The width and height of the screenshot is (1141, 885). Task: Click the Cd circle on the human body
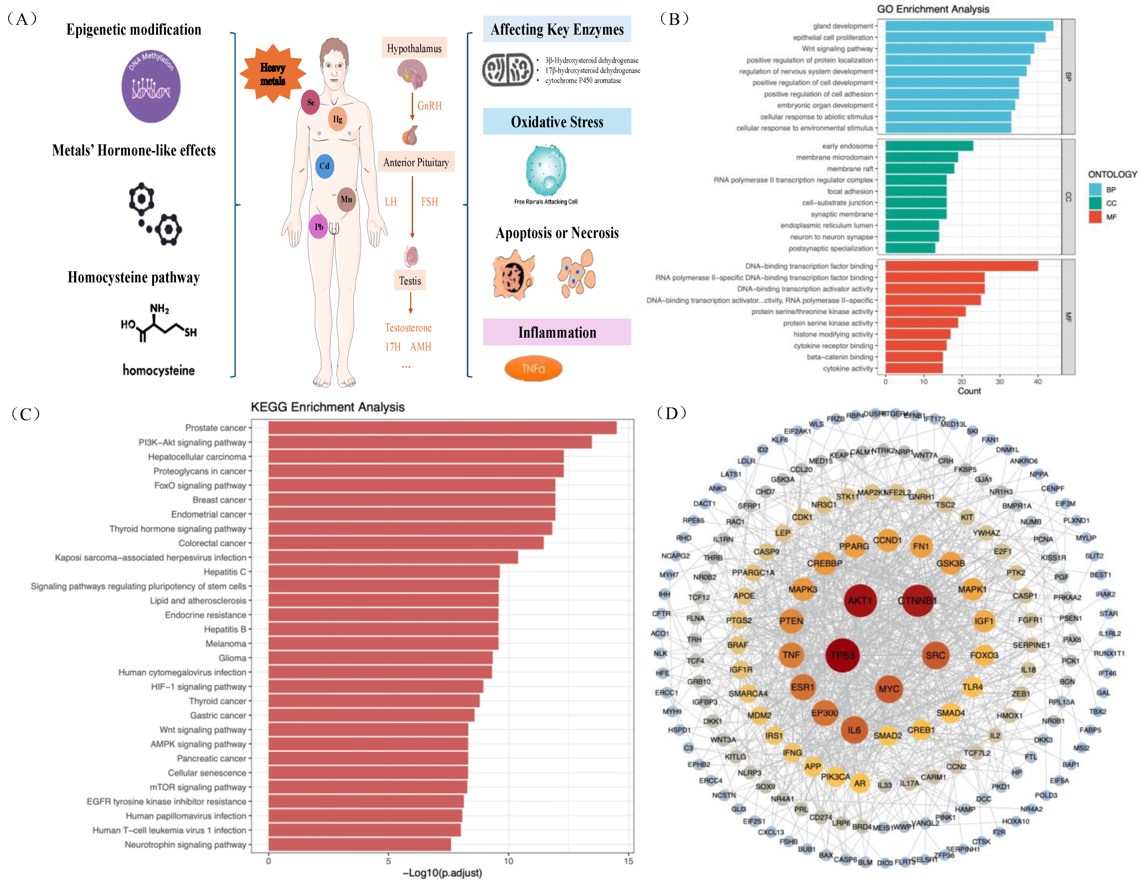point(325,166)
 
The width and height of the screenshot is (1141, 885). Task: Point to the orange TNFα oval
point(533,369)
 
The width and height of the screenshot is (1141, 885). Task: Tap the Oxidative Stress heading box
point(557,122)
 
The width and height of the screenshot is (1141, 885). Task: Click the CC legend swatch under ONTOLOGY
point(1095,203)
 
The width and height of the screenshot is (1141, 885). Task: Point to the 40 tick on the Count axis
point(1038,382)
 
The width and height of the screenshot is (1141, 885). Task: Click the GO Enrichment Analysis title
point(933,9)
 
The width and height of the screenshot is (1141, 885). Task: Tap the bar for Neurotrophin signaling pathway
point(360,844)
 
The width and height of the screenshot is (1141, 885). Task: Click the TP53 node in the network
point(843,655)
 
